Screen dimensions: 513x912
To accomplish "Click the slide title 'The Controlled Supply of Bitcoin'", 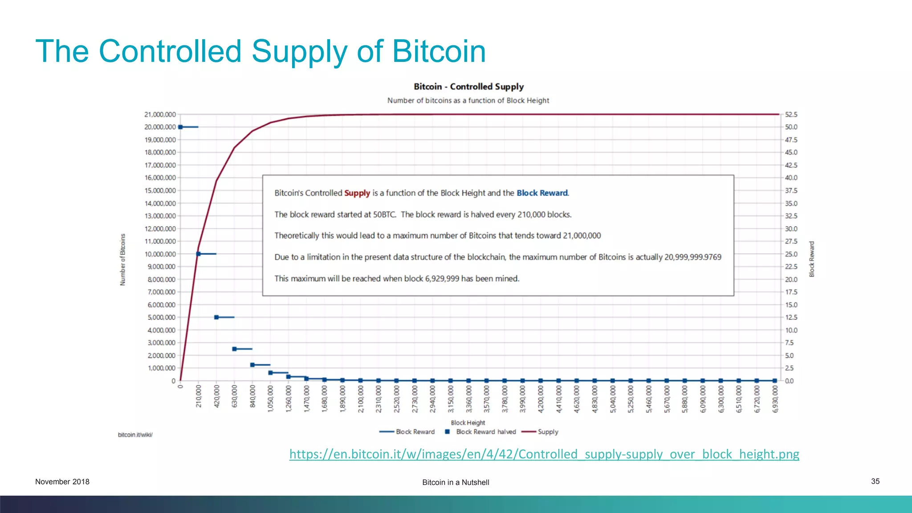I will [x=261, y=51].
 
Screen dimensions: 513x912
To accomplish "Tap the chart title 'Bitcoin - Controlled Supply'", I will [x=468, y=86].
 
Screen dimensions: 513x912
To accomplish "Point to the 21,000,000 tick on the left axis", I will [x=160, y=114].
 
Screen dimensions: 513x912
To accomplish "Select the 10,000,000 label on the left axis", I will [x=160, y=254].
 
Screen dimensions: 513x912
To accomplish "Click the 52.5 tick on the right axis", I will [x=791, y=114].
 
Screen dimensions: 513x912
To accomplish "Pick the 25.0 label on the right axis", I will [x=791, y=254].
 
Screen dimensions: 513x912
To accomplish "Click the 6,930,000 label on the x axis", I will [x=775, y=399].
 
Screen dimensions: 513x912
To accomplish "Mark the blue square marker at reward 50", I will [x=180, y=127].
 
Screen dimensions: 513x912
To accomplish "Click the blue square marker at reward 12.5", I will [x=216, y=318].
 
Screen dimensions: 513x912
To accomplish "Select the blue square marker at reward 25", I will [x=199, y=254].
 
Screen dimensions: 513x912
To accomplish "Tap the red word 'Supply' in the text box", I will [x=357, y=193].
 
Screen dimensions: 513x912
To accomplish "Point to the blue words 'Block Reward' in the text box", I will [x=542, y=193].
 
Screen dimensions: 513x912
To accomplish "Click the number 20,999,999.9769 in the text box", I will [x=692, y=257].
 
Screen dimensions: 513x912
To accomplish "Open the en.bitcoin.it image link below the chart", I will [x=544, y=454].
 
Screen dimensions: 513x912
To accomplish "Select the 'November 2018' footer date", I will [x=62, y=481].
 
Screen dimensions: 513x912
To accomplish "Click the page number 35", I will [x=875, y=481].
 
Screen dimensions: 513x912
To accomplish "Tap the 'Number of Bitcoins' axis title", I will [x=123, y=260].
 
